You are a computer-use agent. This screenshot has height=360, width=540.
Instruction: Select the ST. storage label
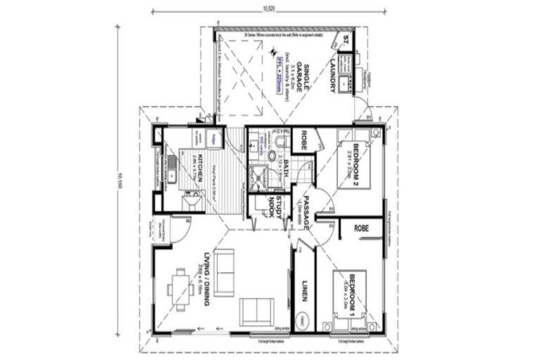click(x=345, y=43)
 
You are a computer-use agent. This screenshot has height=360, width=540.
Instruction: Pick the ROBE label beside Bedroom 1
click(x=361, y=229)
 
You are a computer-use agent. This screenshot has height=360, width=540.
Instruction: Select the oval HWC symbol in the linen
click(x=304, y=319)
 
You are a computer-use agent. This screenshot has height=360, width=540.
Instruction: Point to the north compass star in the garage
click(x=276, y=51)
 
